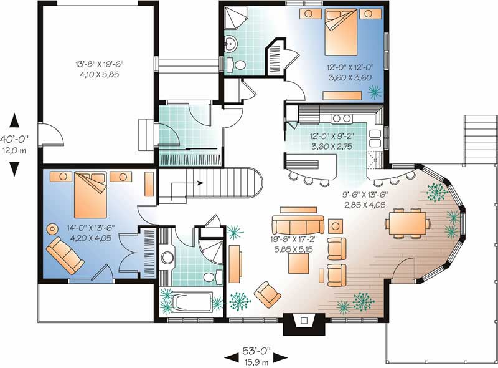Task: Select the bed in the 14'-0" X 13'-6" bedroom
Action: [90, 195]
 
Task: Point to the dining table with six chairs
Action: [406, 223]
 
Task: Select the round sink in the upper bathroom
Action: [230, 43]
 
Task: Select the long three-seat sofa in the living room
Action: [298, 224]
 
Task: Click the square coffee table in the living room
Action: [298, 263]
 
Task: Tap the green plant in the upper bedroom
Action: [374, 93]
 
